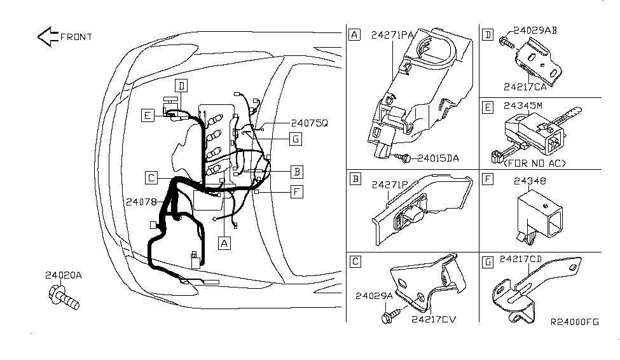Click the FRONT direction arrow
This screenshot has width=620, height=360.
tap(48, 37)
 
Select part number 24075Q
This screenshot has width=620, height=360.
tap(310, 123)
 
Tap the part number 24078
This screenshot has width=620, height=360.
tap(141, 202)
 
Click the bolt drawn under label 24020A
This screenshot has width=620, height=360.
tap(64, 297)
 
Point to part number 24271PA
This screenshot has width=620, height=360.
tap(392, 35)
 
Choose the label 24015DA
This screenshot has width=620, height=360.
tap(438, 158)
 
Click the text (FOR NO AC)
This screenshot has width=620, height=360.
tap(535, 163)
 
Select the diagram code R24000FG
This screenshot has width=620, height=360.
tap(575, 322)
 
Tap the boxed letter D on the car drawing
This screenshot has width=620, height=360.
tap(181, 86)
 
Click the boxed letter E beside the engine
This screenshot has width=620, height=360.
tap(148, 116)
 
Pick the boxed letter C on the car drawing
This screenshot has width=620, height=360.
tap(151, 177)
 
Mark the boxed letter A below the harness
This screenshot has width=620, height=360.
tap(224, 244)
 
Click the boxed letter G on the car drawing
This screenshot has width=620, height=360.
tap(296, 139)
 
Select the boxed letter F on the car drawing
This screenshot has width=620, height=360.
tap(296, 192)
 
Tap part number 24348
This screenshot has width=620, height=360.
tap(530, 181)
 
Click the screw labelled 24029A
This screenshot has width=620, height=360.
tap(392, 315)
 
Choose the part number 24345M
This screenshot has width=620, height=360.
tap(523, 106)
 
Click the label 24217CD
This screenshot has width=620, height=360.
tap(521, 259)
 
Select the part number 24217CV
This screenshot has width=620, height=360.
tap(434, 319)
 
